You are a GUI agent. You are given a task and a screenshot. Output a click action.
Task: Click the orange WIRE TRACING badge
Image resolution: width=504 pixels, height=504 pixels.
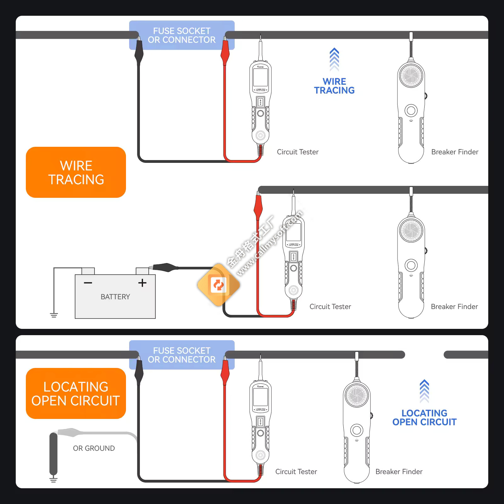pos(76,172)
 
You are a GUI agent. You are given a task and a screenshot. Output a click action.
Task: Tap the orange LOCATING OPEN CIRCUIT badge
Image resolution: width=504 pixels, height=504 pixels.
pos(76,393)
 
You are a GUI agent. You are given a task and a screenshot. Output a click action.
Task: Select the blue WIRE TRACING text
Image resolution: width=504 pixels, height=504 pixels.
pos(334,86)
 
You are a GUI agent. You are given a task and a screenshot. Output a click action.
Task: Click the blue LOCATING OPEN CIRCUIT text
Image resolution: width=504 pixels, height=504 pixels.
pos(424,417)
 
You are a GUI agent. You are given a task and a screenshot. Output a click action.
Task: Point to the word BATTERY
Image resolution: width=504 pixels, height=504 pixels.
pos(115,297)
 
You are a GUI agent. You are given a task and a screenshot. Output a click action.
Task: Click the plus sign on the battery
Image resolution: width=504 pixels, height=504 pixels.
pos(142,283)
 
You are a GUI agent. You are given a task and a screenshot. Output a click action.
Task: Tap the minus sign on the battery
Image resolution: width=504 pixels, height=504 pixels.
pos(88,283)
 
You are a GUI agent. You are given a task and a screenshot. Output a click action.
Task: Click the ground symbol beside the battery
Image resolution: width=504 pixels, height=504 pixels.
pos(54,315)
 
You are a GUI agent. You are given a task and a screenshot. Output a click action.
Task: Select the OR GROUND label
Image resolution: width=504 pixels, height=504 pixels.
pos(94,448)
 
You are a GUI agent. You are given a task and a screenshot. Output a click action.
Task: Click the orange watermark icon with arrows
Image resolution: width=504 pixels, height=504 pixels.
pos(218,285)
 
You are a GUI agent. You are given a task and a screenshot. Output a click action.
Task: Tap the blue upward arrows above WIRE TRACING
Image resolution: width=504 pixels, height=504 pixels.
pos(334,59)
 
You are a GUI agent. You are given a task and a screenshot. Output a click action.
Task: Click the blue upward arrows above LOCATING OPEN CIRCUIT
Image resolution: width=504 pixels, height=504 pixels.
pos(424,391)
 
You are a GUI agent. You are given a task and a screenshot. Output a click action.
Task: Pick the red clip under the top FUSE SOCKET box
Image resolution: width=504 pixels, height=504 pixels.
pos(225,52)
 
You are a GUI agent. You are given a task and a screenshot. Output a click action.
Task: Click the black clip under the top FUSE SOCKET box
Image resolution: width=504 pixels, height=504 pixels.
pos(139,52)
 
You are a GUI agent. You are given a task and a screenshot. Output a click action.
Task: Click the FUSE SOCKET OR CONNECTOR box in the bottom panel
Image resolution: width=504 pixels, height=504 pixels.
pos(182,355)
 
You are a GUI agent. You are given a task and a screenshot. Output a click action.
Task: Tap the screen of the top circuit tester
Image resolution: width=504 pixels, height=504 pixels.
pos(261,77)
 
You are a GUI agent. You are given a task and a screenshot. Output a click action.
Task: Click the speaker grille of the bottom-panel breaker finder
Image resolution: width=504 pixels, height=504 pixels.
pos(357,395)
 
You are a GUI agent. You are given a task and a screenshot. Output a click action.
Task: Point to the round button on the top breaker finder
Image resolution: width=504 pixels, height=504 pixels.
pos(411,110)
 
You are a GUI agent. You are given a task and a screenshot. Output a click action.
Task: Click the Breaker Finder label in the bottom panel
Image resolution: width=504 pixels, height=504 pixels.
pos(399,472)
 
